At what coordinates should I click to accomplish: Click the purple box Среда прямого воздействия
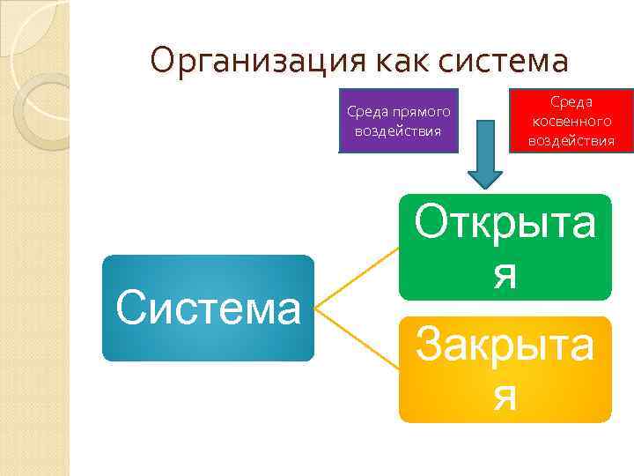(398, 121)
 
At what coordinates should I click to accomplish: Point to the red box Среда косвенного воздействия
(571, 121)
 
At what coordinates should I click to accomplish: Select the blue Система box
(208, 309)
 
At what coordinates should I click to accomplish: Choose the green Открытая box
(505, 248)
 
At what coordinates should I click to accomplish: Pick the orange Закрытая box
(505, 368)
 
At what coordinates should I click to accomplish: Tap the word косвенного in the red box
(571, 122)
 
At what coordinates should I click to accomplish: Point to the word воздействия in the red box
(571, 140)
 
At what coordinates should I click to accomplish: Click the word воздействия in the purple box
(398, 130)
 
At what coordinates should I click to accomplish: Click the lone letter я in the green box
(505, 275)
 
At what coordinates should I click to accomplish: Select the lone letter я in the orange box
(505, 397)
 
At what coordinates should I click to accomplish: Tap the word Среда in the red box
(571, 103)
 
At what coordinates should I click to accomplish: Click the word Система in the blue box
(208, 309)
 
